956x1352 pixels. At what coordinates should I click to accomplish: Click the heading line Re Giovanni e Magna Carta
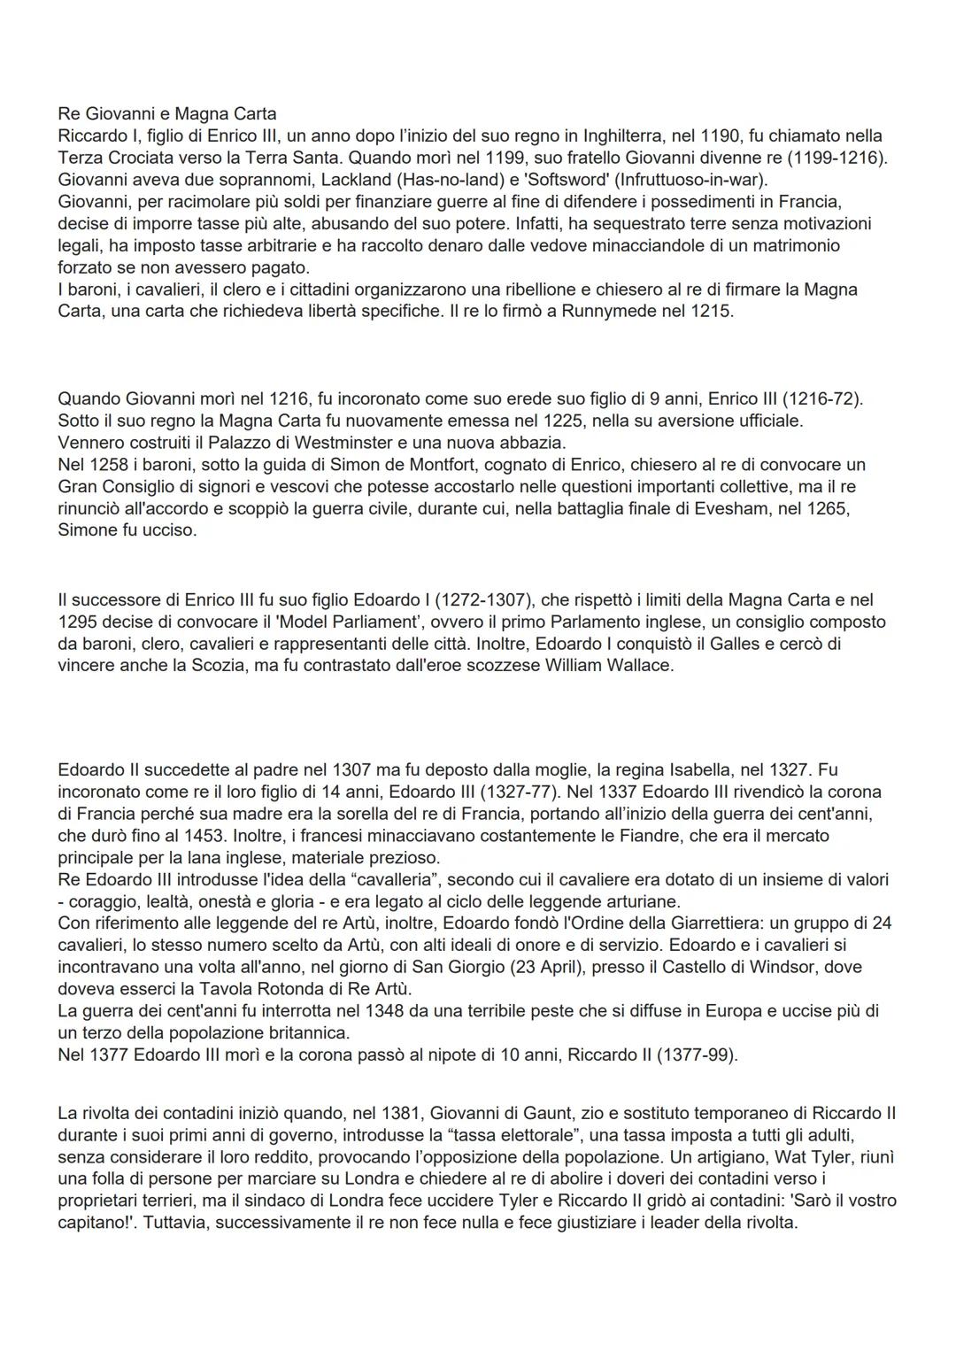(166, 114)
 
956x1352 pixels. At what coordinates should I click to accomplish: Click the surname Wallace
(639, 666)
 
